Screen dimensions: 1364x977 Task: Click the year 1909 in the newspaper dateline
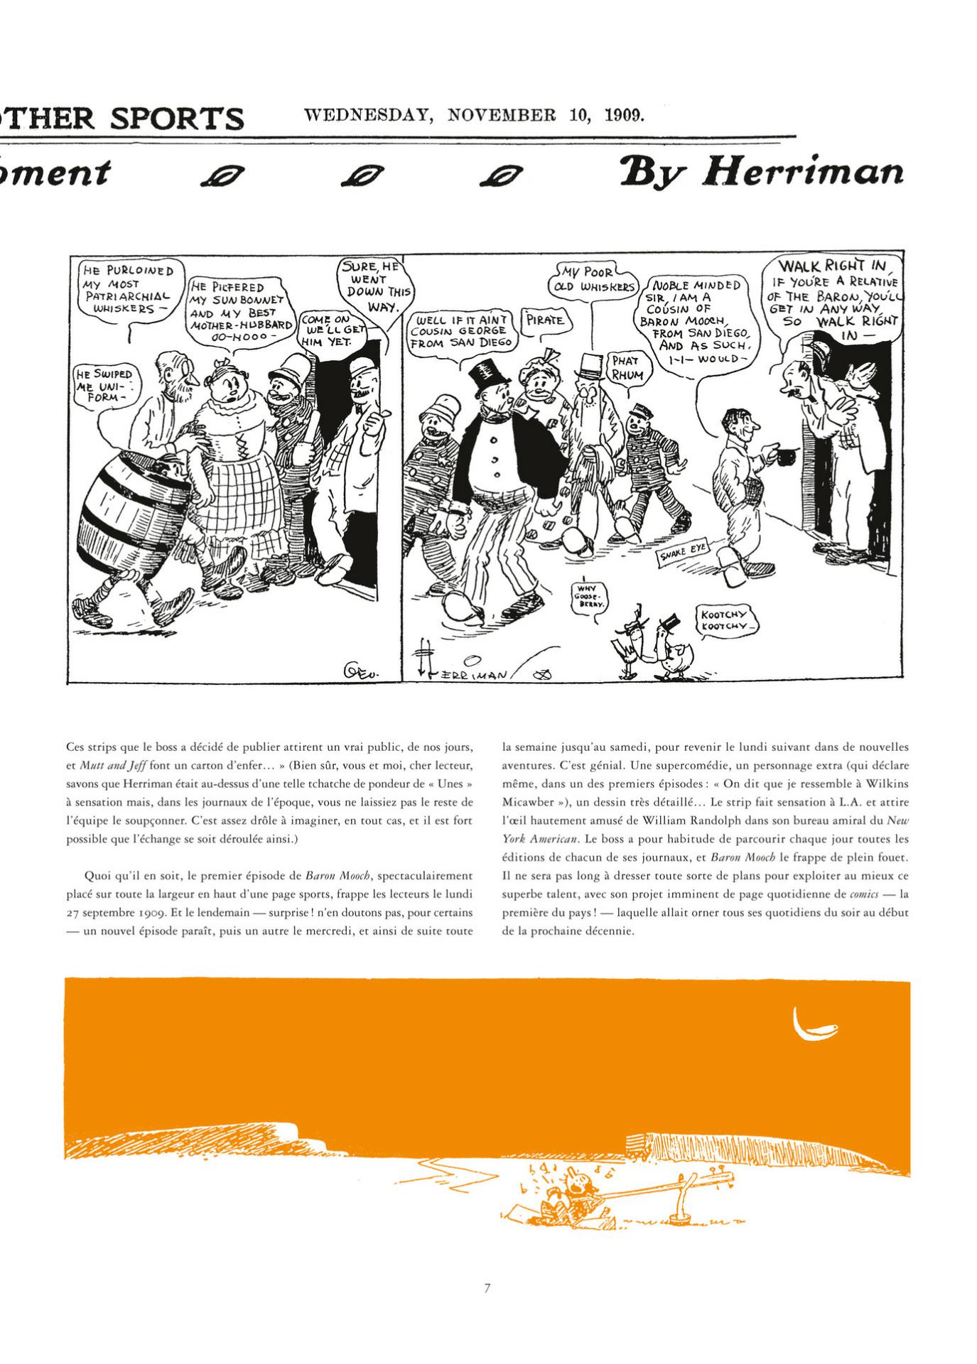623,115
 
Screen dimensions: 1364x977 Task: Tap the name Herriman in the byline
802,173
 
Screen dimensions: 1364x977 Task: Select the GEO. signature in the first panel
363,668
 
